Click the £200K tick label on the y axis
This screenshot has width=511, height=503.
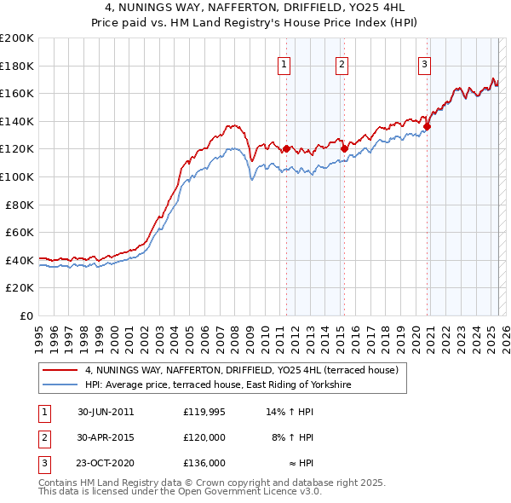16,38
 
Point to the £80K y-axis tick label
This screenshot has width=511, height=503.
19,205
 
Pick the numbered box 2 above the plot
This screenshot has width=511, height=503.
342,62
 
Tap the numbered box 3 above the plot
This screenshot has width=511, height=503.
424,62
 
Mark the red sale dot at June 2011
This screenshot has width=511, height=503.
286,149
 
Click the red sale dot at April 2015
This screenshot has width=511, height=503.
344,148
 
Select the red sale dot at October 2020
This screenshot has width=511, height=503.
428,127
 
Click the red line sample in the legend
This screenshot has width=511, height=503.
60,371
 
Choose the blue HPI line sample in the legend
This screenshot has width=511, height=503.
60,385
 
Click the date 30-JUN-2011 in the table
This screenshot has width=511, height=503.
106,412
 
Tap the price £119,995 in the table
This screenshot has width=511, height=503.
204,412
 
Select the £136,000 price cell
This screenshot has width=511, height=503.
204,463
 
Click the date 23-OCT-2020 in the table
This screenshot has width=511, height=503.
106,463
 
